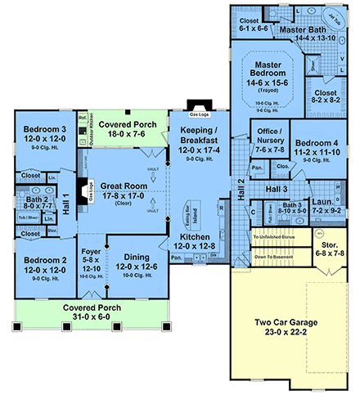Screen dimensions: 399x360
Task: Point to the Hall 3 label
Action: pos(277,190)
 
